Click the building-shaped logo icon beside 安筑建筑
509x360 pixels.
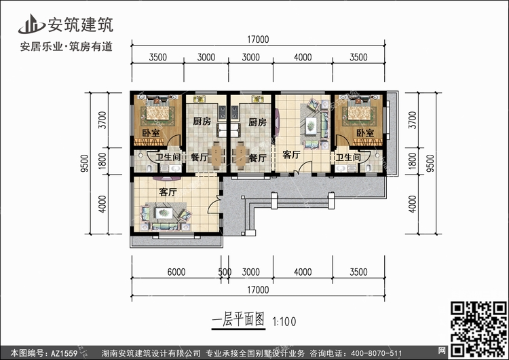point(31,24)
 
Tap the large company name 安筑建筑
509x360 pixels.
point(81,24)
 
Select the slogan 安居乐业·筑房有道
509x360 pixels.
point(67,46)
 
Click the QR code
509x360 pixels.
point(478,328)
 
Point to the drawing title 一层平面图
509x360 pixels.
point(238,320)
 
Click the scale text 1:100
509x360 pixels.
point(284,322)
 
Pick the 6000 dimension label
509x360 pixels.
point(176,272)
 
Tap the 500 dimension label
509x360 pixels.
point(225,272)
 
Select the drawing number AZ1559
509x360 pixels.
point(64,353)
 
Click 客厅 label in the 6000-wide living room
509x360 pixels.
point(168,192)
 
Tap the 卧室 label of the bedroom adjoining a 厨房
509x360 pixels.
point(151,133)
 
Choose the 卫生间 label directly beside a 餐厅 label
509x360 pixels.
point(168,158)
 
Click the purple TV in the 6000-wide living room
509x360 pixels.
point(167,179)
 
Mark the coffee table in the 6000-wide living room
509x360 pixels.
point(164,213)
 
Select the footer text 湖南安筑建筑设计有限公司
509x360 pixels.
point(151,353)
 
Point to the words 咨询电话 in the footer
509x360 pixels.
point(324,353)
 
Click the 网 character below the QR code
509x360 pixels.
point(442,350)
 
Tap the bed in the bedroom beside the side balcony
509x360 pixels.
point(359,111)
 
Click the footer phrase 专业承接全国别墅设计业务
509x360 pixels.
point(255,353)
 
